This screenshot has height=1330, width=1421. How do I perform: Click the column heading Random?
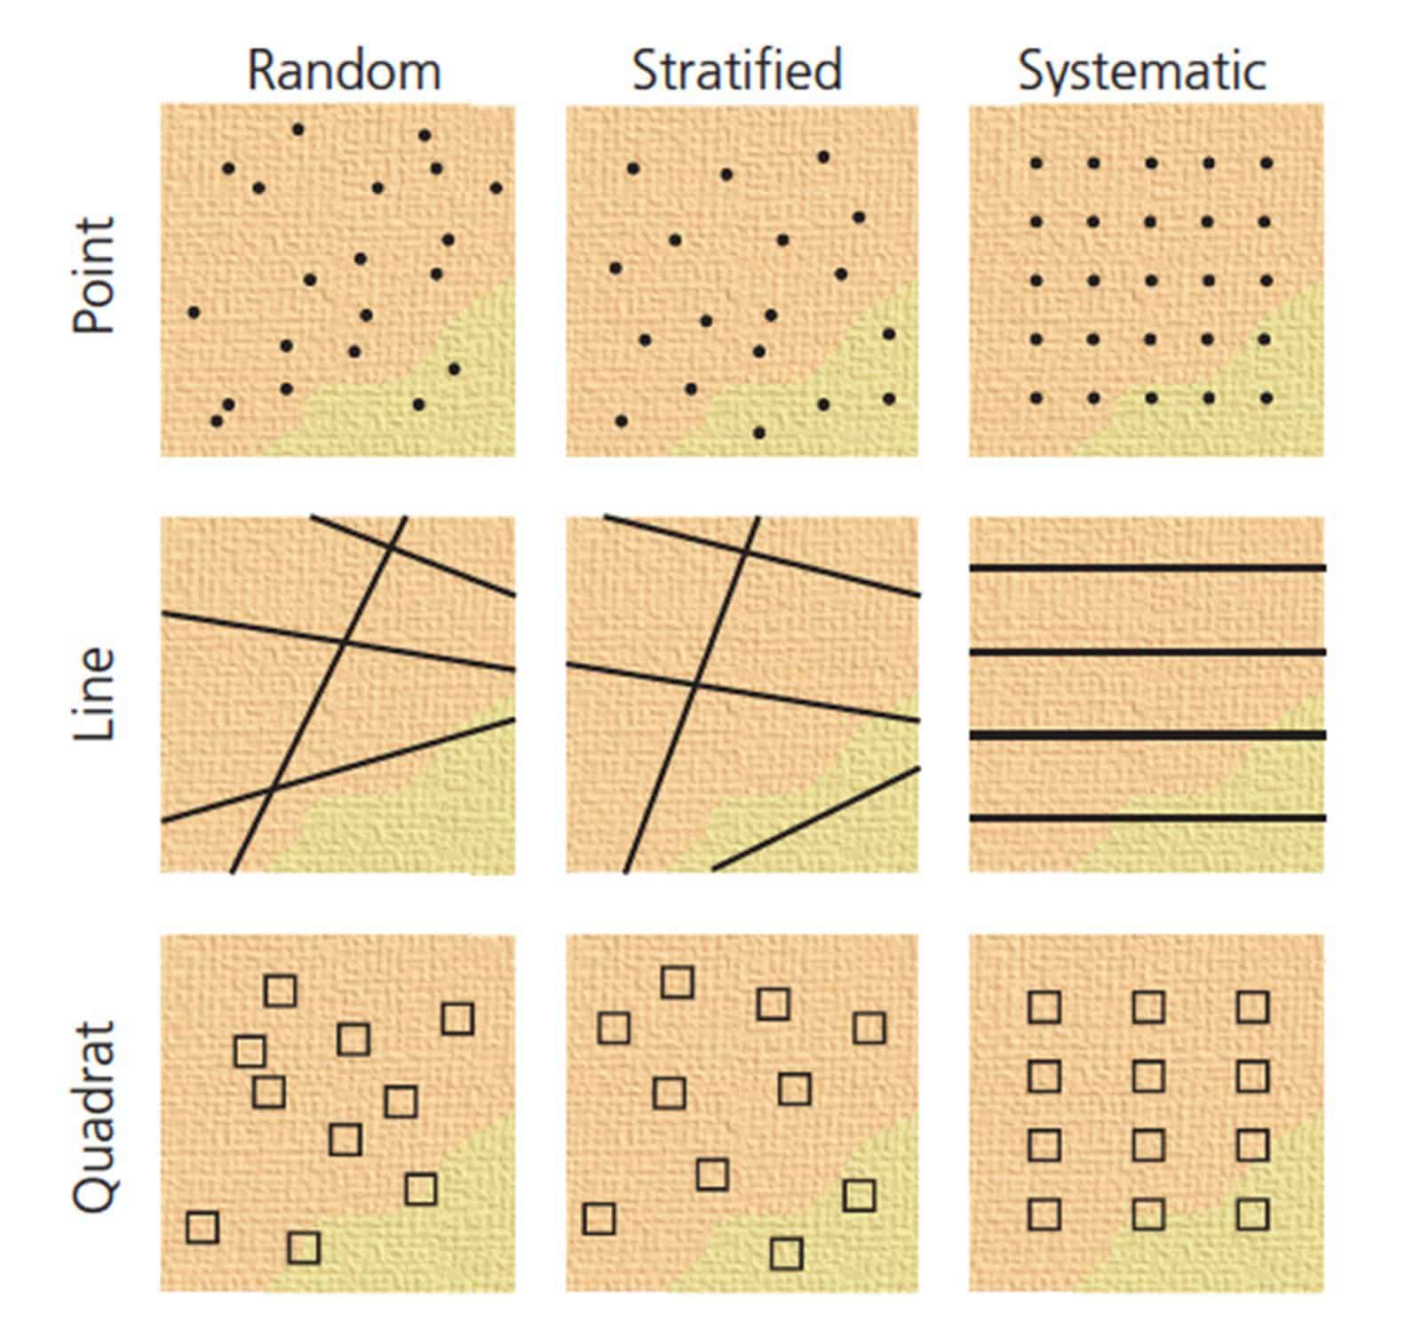(344, 71)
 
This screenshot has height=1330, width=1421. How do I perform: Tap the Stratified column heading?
(736, 71)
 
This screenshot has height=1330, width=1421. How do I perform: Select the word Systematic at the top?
(1142, 71)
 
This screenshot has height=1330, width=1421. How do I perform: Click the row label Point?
(95, 275)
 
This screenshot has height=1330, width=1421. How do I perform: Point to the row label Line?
(95, 694)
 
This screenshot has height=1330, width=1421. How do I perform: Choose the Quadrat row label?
(95, 1116)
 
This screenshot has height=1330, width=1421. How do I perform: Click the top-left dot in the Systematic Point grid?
(1036, 163)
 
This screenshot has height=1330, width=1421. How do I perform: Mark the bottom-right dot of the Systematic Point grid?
(1266, 398)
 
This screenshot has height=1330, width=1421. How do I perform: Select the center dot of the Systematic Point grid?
(1151, 281)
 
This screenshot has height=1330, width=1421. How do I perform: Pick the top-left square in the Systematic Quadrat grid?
(1044, 1007)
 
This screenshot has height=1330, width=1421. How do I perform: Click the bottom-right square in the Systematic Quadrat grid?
(1252, 1213)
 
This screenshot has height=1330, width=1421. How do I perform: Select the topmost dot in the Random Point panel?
(298, 130)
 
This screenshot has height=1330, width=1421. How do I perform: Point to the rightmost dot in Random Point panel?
(496, 187)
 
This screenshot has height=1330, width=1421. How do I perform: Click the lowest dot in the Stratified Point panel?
(759, 433)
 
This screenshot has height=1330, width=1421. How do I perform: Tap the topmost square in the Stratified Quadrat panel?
(678, 983)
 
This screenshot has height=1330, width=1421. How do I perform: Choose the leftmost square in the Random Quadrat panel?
(202, 1227)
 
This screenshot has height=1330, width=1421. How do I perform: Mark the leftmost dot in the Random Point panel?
(194, 312)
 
